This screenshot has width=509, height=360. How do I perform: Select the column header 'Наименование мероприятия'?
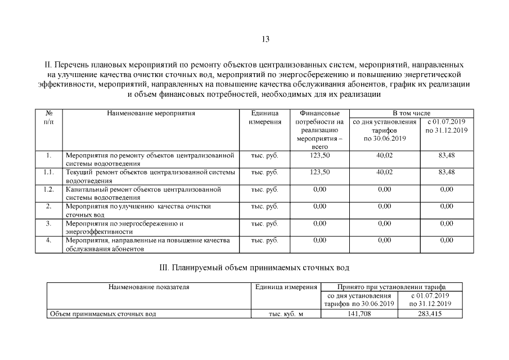tap(151, 113)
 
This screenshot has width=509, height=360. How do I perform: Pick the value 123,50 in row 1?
tap(319, 155)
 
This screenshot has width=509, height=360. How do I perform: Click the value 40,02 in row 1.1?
tap(384, 172)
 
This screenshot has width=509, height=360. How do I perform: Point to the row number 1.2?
tap(49, 189)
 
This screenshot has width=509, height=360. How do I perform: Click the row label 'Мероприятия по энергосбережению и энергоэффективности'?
tap(125, 227)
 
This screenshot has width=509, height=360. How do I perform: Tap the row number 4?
tap(49, 240)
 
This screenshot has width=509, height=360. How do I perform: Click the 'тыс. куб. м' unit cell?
tap(286, 313)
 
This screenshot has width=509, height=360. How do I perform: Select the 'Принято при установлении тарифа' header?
tap(391, 287)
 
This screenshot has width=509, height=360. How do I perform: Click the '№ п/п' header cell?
tap(49, 117)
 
